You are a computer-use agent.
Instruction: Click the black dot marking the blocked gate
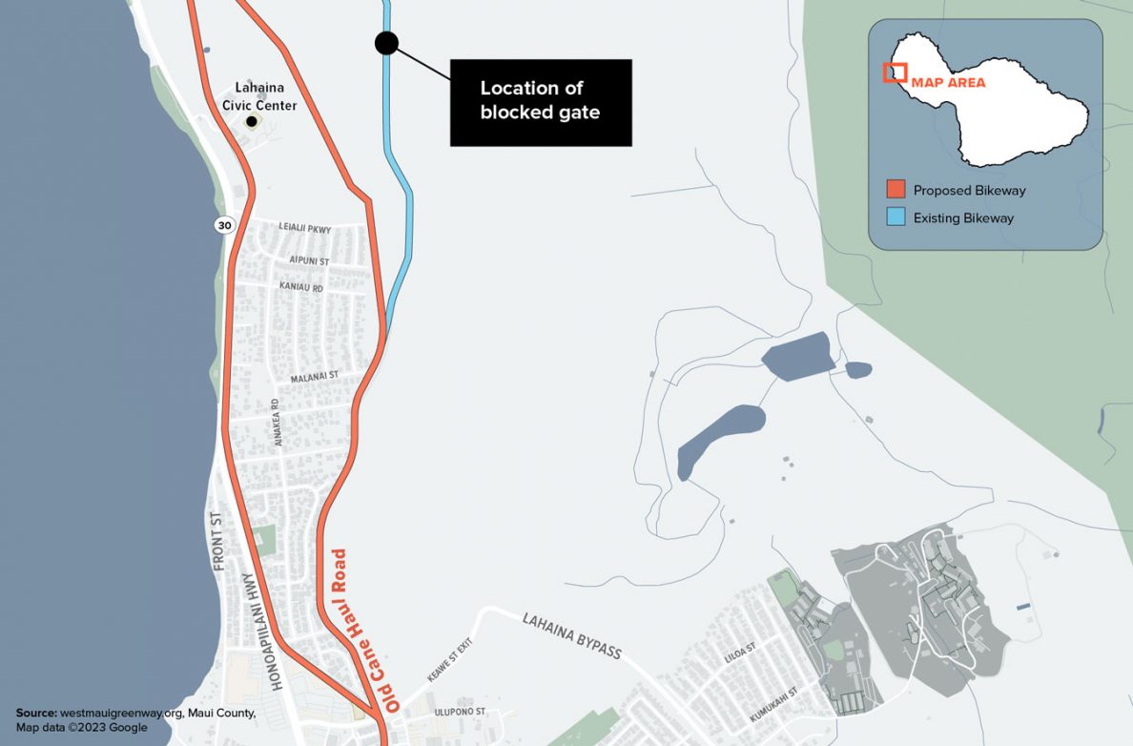click(x=386, y=43)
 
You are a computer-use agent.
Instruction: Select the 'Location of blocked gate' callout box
click(x=540, y=102)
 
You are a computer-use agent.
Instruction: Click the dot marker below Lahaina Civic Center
click(x=252, y=121)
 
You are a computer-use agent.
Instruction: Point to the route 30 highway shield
click(x=224, y=225)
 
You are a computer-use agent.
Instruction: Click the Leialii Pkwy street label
click(x=304, y=228)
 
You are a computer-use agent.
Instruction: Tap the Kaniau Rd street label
click(x=301, y=287)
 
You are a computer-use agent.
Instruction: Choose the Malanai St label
click(x=315, y=377)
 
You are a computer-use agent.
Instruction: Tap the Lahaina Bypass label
click(x=571, y=636)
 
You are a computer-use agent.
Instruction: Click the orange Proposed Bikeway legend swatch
click(x=895, y=190)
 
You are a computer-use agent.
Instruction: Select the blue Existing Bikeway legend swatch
click(x=895, y=218)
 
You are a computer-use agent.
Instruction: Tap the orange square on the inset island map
click(x=894, y=73)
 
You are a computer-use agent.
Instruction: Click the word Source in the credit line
click(x=35, y=713)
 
